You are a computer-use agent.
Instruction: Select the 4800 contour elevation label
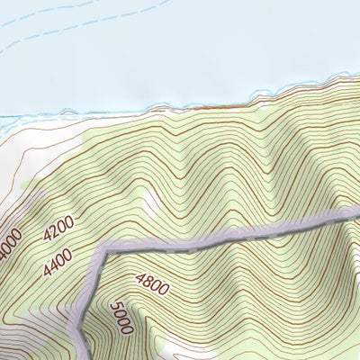(152, 284)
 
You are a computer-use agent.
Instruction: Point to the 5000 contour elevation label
(120, 319)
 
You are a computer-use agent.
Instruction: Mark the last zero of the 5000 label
(125, 329)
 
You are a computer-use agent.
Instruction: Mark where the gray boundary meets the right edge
(357, 211)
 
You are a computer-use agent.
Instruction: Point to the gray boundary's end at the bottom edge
(86, 356)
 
